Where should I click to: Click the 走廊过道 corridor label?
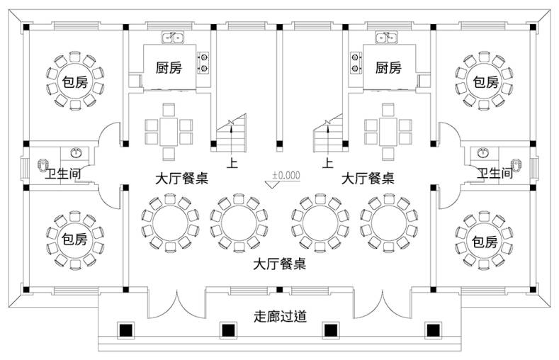click(x=281, y=316)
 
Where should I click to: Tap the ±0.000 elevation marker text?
click(x=286, y=175)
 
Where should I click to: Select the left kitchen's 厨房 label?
click(x=169, y=67)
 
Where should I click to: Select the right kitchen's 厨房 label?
click(x=388, y=67)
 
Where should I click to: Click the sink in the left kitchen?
click(x=173, y=38)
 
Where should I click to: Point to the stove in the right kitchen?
click(x=356, y=63)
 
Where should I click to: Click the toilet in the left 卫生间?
click(x=43, y=164)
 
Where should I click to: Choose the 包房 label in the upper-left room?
click(x=75, y=82)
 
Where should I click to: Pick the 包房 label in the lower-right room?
click(x=485, y=242)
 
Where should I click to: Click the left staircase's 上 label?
click(x=232, y=163)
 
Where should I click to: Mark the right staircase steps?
click(x=328, y=133)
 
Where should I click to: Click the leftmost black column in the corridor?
click(x=125, y=330)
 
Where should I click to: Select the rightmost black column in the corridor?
click(x=433, y=330)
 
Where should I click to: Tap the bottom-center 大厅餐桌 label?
click(x=279, y=264)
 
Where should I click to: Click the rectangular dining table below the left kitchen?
click(x=169, y=133)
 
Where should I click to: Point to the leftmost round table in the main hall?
click(x=170, y=223)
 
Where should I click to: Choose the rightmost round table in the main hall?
click(x=388, y=223)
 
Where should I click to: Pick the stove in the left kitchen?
click(x=203, y=63)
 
